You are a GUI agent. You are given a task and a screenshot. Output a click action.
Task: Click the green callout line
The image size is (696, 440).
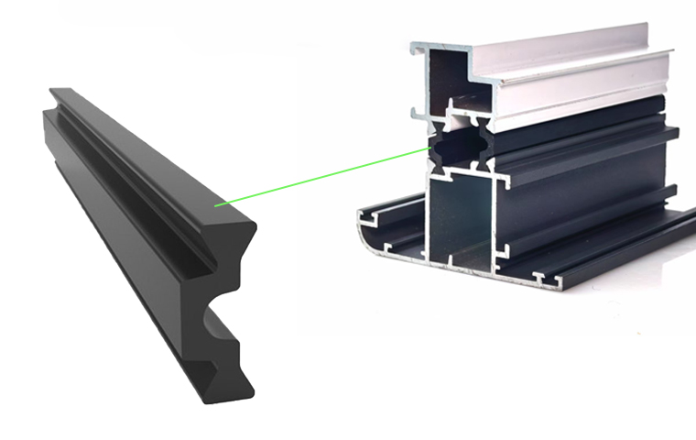[x=321, y=175]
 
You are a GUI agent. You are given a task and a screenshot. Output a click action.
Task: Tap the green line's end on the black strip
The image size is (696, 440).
[x=216, y=205]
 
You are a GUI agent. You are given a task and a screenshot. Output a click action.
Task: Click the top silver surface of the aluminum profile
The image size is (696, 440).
[x=549, y=41]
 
